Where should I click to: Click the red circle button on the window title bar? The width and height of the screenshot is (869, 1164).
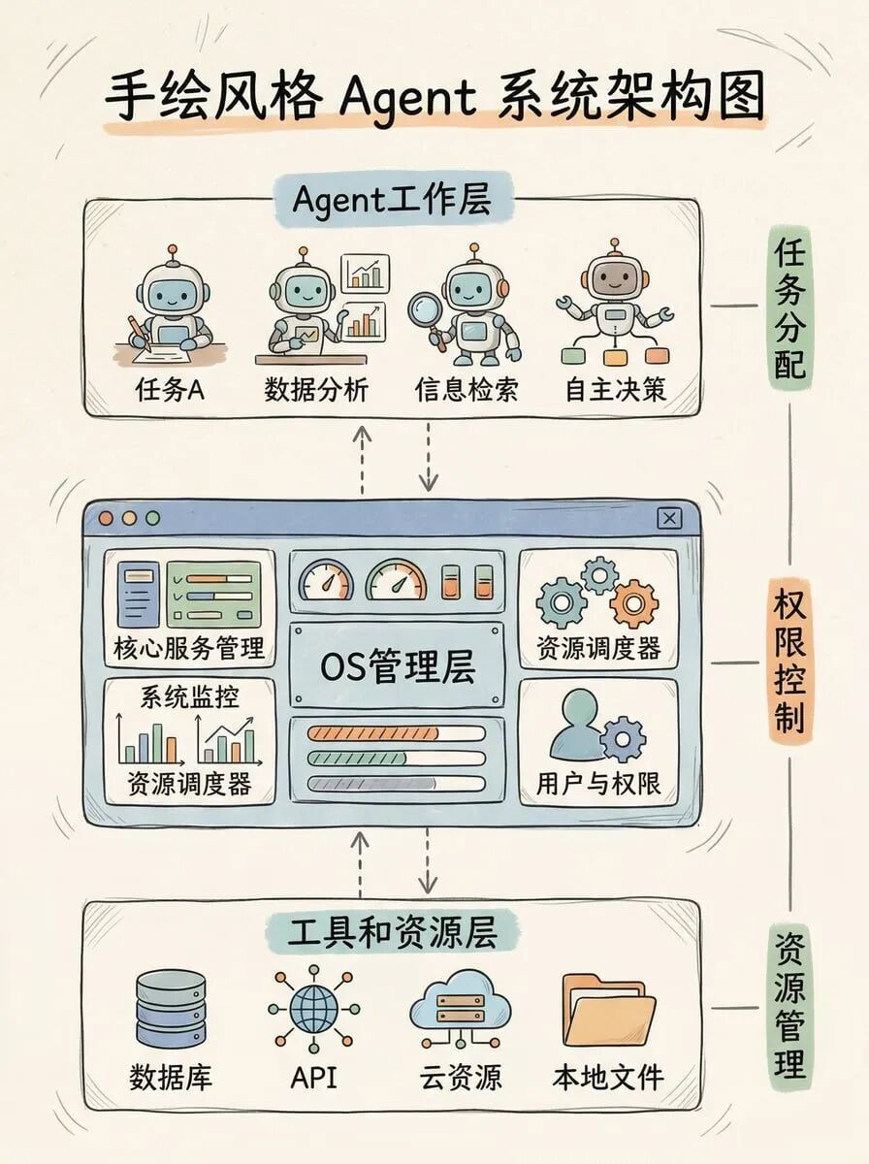point(105,518)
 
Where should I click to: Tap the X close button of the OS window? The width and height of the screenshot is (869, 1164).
point(669,518)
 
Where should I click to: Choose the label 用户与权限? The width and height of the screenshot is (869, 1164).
point(598,783)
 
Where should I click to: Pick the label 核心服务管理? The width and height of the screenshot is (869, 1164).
point(189,648)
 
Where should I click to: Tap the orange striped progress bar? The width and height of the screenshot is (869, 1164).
point(396,733)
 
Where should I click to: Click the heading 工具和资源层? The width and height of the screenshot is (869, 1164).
point(392,933)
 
